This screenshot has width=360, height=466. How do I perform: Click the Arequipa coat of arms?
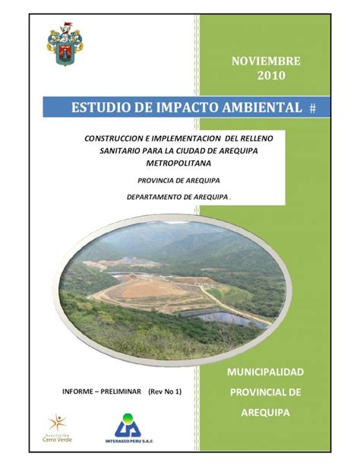(65, 44)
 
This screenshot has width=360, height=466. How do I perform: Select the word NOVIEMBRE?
(266, 62)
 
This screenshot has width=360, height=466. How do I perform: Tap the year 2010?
(271, 75)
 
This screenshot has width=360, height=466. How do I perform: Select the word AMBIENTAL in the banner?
(262, 107)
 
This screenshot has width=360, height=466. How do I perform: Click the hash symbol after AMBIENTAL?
(312, 109)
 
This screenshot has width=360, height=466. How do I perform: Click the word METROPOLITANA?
(178, 163)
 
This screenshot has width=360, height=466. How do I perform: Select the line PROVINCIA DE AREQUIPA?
(178, 180)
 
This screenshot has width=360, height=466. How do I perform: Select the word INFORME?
(77, 392)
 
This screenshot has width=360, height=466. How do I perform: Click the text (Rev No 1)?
(165, 392)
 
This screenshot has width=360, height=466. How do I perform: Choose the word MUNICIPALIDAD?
(265, 372)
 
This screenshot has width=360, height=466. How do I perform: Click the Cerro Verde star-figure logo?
(58, 423)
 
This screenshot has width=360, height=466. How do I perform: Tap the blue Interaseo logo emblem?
(128, 425)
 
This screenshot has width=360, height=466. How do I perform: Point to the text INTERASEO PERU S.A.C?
(129, 441)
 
